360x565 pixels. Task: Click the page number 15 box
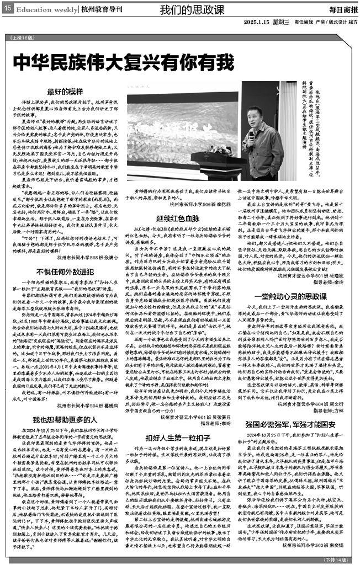tap(7, 10)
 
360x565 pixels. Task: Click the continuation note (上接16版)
tap(22, 38)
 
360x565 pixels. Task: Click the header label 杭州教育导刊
tap(102, 10)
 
